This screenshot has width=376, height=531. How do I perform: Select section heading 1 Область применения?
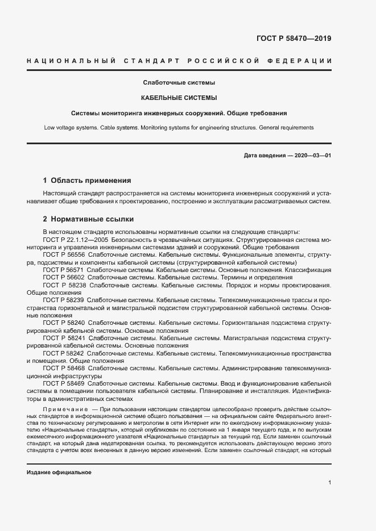(87, 181)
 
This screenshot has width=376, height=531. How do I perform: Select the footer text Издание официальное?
(59, 473)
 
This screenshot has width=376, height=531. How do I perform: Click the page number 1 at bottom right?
(329, 483)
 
